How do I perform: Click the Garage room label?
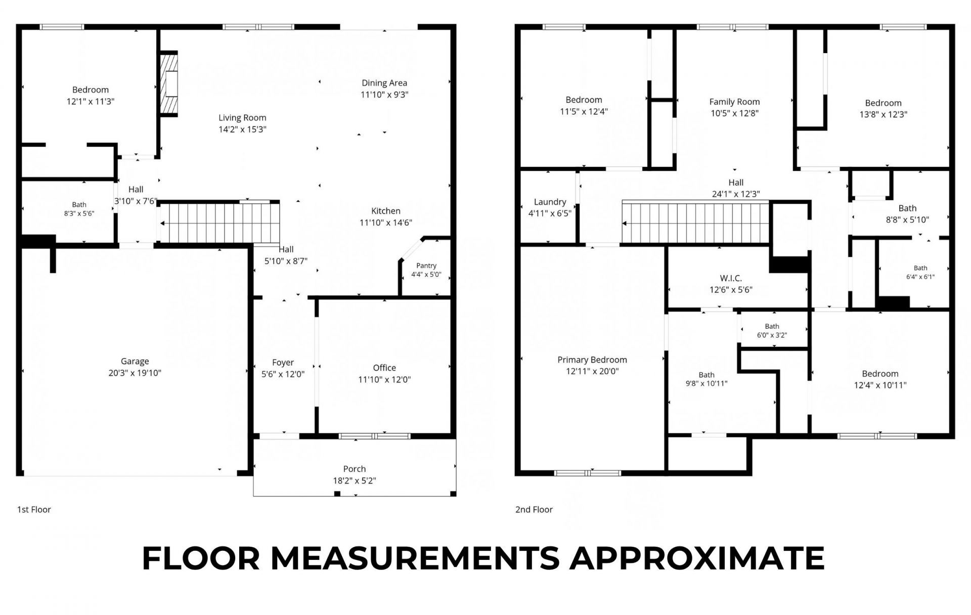(135, 362)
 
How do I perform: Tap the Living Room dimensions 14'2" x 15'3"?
(242, 129)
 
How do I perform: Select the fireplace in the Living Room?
(169, 83)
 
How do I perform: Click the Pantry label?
(426, 266)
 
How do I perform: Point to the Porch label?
(355, 469)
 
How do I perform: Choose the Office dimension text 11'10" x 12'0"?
(384, 380)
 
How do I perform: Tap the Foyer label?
(283, 363)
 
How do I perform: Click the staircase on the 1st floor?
(219, 223)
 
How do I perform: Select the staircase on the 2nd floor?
(695, 223)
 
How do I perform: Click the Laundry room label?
(550, 202)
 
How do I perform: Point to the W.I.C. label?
(731, 279)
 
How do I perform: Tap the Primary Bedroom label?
(592, 360)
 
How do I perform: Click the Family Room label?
(734, 102)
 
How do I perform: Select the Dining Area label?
(384, 83)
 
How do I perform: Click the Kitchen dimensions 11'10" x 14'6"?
(386, 223)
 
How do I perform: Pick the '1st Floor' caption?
(34, 510)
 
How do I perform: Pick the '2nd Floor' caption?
(534, 510)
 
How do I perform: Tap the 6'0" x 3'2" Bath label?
(772, 335)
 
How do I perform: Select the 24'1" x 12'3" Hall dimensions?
(736, 194)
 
